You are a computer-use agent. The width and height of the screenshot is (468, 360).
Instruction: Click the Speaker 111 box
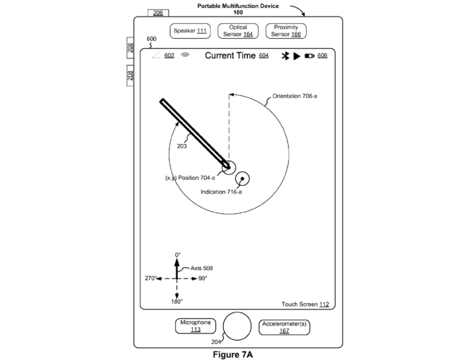[190, 31]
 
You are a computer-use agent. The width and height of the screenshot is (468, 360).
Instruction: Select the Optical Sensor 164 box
[238, 31]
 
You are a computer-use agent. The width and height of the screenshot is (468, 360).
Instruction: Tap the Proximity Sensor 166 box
[286, 31]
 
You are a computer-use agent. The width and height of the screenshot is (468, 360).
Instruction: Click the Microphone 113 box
[196, 326]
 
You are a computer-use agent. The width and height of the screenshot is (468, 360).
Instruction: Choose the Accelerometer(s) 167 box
[284, 328]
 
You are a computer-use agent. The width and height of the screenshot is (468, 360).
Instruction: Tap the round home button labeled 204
[237, 326]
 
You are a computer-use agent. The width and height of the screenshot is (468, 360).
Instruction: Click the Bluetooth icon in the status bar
[285, 56]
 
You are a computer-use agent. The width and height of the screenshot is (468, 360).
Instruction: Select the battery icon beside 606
[310, 56]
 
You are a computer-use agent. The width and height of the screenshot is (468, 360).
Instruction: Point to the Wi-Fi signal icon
[185, 55]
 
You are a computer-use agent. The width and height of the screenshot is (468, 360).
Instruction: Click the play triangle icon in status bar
[297, 56]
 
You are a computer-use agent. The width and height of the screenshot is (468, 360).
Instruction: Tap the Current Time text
[230, 55]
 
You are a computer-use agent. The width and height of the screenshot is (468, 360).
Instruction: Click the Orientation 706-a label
[294, 96]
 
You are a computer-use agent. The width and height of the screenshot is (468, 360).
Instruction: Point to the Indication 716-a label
[221, 192]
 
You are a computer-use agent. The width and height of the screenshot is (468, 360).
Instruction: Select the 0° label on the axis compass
[178, 255]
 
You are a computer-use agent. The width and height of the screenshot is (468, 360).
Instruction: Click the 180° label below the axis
[176, 302]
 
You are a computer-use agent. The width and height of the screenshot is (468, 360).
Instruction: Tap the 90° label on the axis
[202, 279]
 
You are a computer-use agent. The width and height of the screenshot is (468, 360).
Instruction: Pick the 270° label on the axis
[150, 278]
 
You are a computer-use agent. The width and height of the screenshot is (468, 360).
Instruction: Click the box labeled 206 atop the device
[158, 13]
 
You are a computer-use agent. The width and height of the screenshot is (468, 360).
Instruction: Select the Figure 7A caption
[233, 355]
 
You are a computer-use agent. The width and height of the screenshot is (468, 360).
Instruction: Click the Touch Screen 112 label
[305, 305]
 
